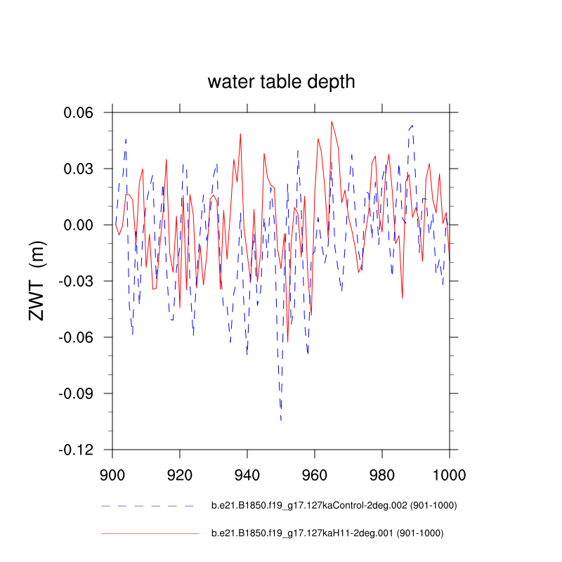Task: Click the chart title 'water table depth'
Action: (x=281, y=82)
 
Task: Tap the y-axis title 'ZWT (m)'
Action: (x=37, y=280)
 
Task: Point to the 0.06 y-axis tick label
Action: (x=83, y=112)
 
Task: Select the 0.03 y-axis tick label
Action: (x=83, y=169)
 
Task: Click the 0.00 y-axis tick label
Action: (x=83, y=225)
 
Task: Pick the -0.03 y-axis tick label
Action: (x=81, y=281)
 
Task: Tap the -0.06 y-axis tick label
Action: (x=81, y=337)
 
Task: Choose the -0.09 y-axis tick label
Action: (x=81, y=393)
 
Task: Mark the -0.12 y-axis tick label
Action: (x=81, y=450)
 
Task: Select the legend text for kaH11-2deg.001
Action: (x=327, y=533)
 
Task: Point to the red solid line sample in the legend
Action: (x=150, y=533)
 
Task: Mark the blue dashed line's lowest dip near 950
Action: (x=281, y=420)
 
